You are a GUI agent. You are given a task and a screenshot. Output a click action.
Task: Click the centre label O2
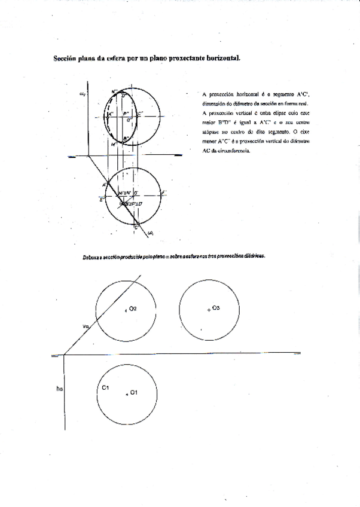tap(133, 309)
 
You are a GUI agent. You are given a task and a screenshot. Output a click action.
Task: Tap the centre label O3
tap(216, 307)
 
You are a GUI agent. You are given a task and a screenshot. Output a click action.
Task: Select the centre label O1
tap(134, 392)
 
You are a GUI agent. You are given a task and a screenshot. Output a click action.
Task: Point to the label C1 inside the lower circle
tap(105, 388)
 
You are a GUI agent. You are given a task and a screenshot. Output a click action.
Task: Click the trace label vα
tap(86, 326)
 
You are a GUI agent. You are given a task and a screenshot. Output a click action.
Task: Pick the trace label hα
tap(59, 389)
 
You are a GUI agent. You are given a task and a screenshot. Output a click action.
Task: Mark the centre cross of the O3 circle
tap(209, 310)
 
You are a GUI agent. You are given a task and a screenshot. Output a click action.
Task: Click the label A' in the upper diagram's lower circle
tap(105, 184)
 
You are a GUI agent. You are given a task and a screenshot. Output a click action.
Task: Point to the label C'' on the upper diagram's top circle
tap(140, 113)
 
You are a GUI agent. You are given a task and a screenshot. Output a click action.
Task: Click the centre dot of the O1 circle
tap(127, 395)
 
